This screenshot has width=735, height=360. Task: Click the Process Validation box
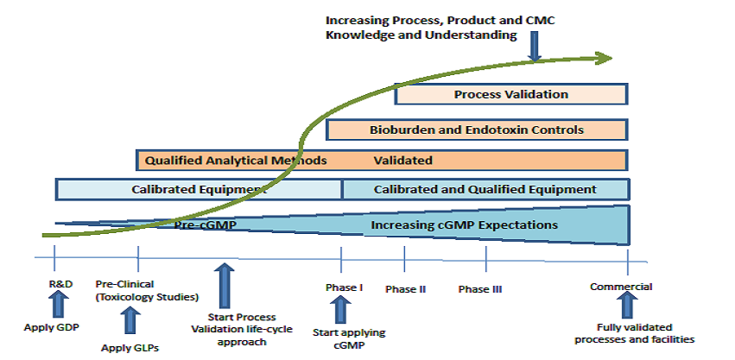click(510, 94)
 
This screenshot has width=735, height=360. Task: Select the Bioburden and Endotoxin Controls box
click(477, 130)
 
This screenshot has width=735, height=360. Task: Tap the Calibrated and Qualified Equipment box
click(485, 189)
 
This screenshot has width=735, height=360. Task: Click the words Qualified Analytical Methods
click(236, 160)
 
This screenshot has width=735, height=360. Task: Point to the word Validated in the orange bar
click(402, 160)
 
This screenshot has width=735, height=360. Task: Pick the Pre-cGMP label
click(206, 225)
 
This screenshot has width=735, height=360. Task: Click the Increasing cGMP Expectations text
click(464, 225)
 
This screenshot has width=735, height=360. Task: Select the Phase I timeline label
click(344, 287)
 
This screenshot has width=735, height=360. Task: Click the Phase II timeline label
click(405, 288)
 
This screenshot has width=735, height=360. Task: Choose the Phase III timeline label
click(480, 288)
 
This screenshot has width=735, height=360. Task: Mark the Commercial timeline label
click(621, 287)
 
